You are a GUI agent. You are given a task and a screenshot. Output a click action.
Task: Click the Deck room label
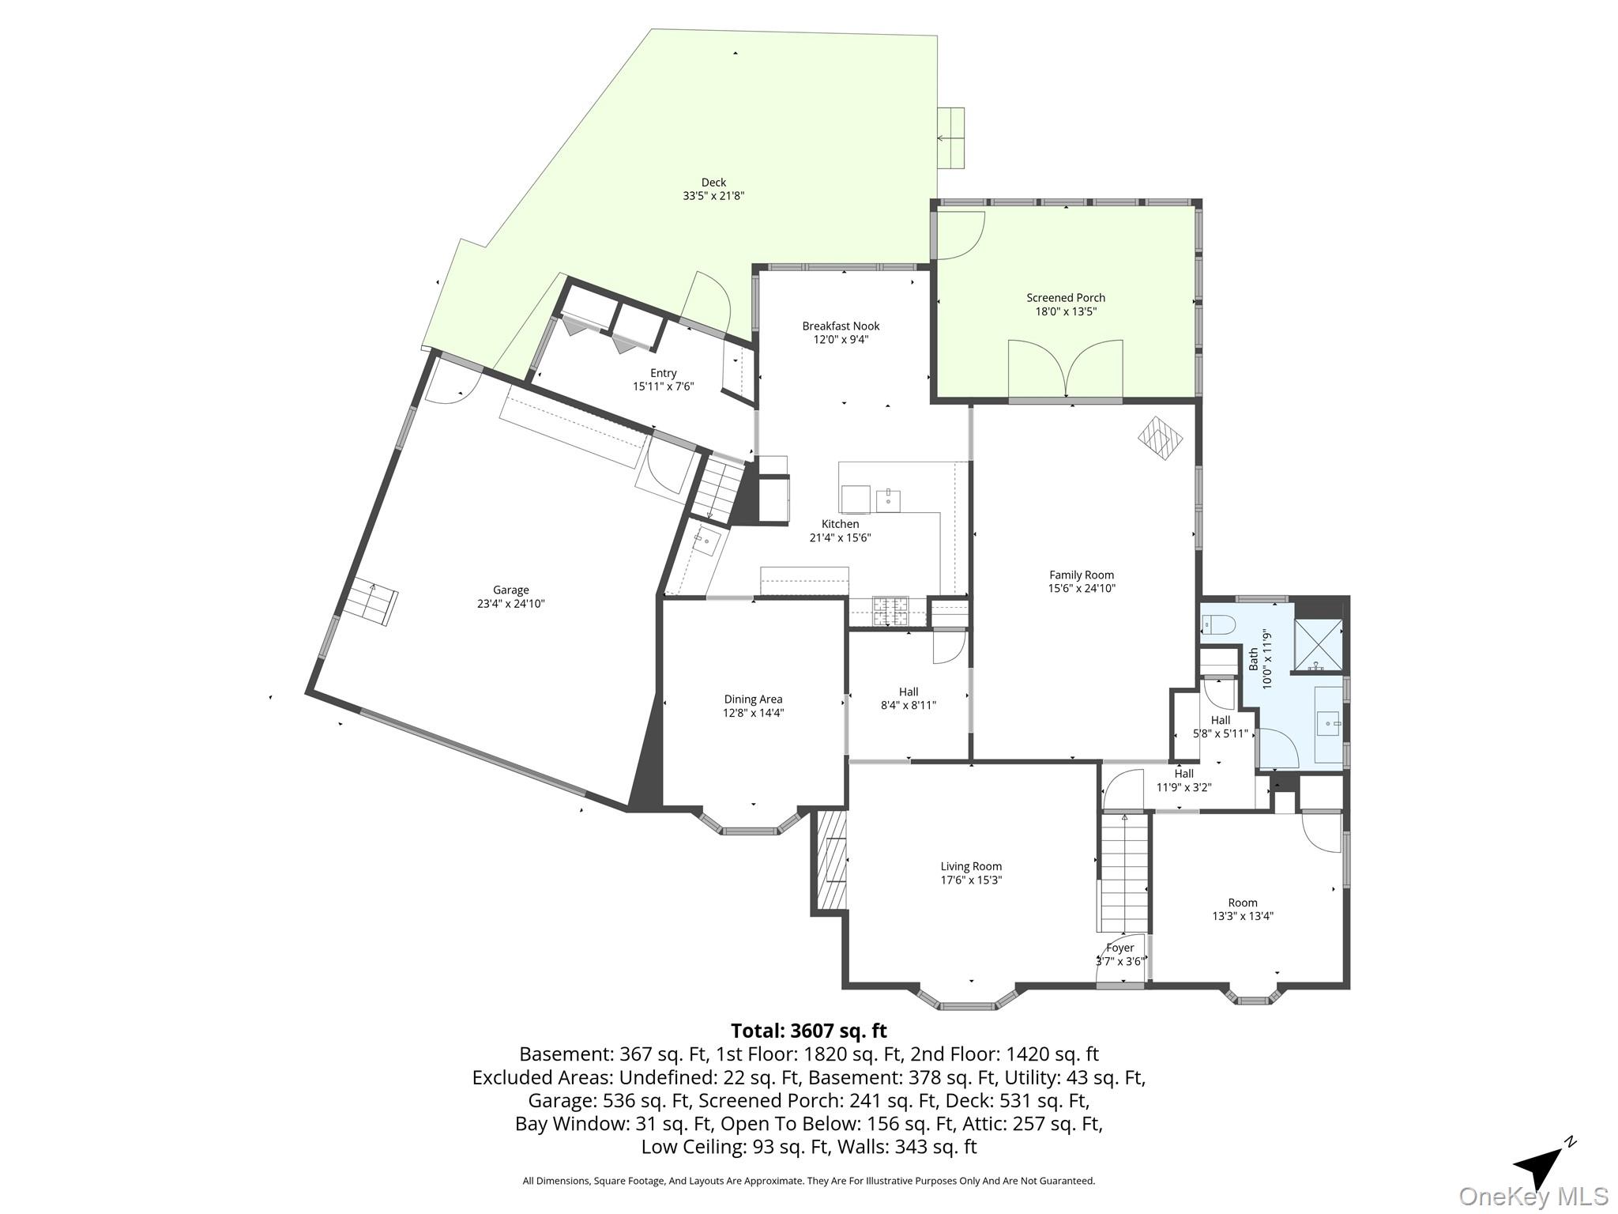[713, 183]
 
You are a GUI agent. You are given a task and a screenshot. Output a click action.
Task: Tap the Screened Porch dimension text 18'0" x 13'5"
[1066, 311]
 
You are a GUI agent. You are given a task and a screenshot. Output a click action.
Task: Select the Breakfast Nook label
[841, 326]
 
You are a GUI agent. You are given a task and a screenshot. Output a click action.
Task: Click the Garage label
[510, 590]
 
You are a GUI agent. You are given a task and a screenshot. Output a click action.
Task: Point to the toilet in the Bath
[1217, 626]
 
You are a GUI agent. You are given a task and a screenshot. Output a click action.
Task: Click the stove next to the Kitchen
[890, 611]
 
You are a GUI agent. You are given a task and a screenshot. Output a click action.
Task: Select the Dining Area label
[753, 699]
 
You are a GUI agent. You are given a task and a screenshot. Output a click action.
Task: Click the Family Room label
[1082, 575]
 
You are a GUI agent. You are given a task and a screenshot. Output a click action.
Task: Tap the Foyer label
[1120, 948]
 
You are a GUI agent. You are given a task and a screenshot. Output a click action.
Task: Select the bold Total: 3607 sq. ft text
[808, 1031]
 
